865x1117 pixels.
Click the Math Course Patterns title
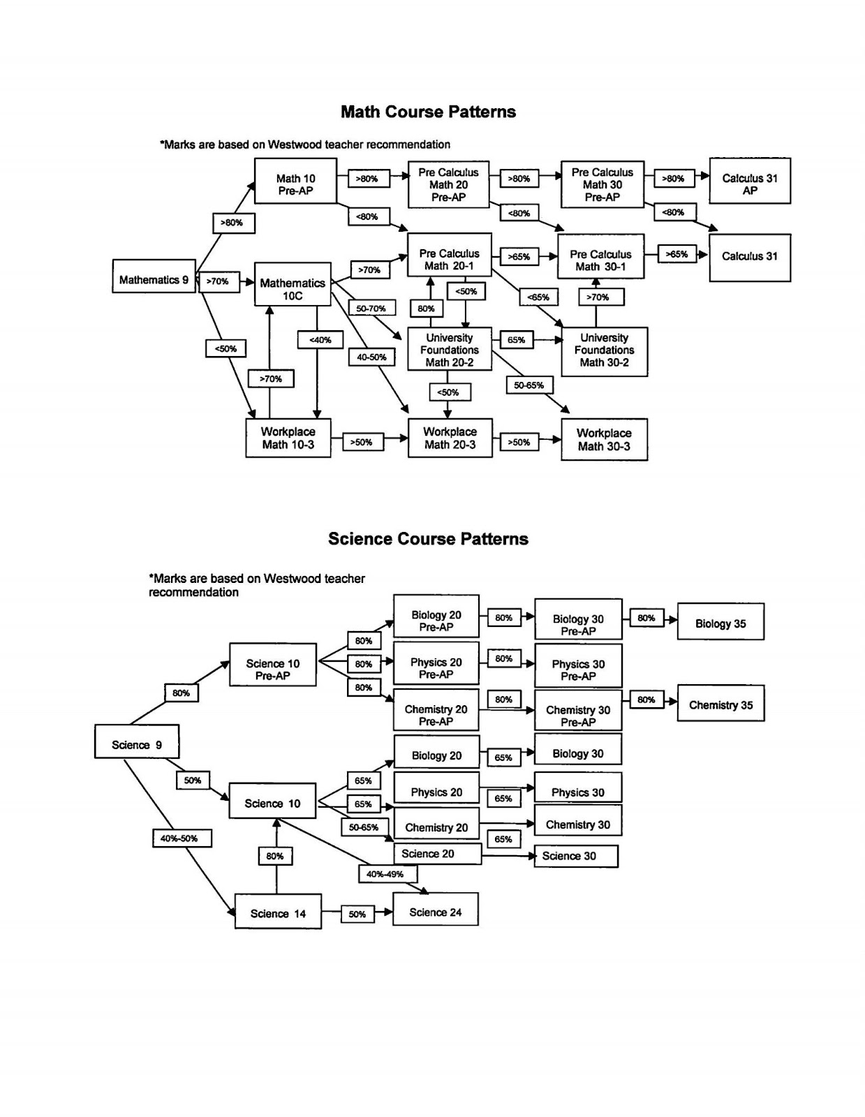click(428, 112)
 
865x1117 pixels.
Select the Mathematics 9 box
click(154, 280)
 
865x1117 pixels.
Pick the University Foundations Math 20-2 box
click(450, 350)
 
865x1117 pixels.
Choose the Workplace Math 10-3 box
click(288, 438)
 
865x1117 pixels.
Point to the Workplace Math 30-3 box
click(604, 440)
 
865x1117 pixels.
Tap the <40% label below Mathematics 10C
click(320, 340)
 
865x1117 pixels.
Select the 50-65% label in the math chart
click(528, 385)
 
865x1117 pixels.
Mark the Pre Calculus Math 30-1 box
click(600, 260)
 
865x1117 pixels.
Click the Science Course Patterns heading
click(428, 539)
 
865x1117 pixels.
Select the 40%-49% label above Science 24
click(385, 874)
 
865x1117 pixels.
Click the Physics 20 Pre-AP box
click(436, 668)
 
